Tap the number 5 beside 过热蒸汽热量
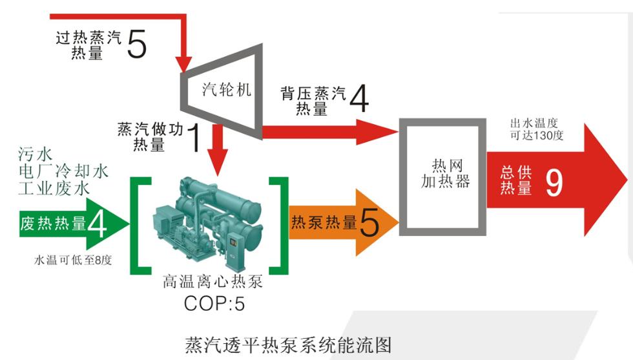pyautogui.click(x=136, y=43)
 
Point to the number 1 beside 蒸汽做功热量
pyautogui.click(x=192, y=136)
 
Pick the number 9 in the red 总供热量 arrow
pyautogui.click(x=554, y=182)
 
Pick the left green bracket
pyautogui.click(x=138, y=224)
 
